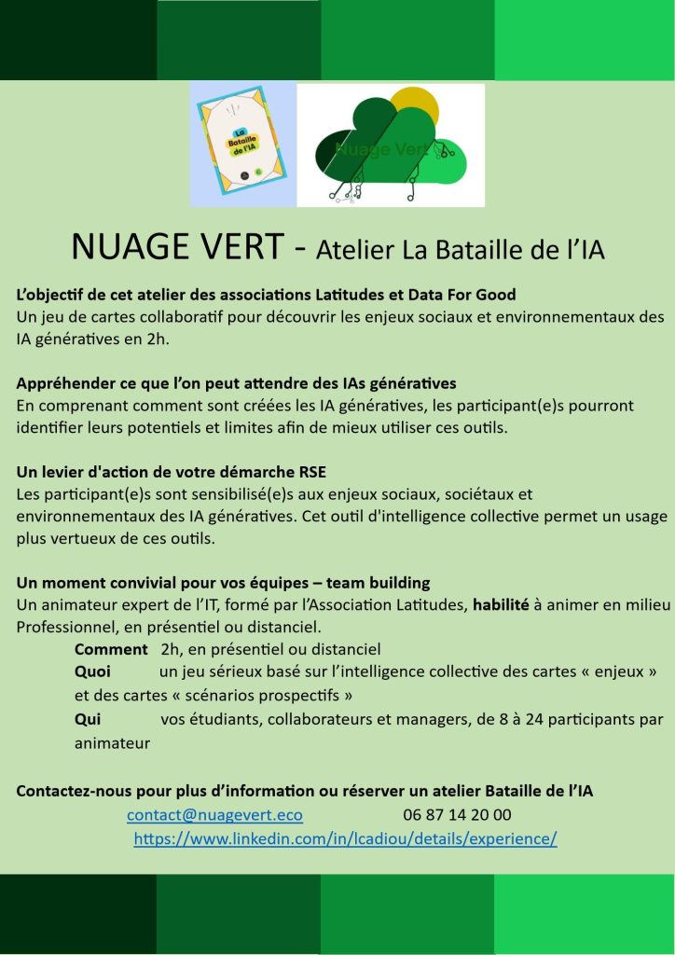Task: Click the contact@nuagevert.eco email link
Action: point(214,815)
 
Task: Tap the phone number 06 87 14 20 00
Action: point(457,815)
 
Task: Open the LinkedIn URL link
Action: point(345,838)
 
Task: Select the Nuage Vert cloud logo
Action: point(392,145)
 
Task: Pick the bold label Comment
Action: point(111,649)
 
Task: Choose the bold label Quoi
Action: point(92,672)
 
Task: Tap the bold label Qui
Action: point(88,719)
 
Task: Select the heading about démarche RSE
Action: point(171,471)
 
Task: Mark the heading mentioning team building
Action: point(223,583)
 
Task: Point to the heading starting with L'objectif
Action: point(266,296)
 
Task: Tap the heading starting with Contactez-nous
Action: point(304,792)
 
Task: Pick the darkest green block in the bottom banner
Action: point(78,914)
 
